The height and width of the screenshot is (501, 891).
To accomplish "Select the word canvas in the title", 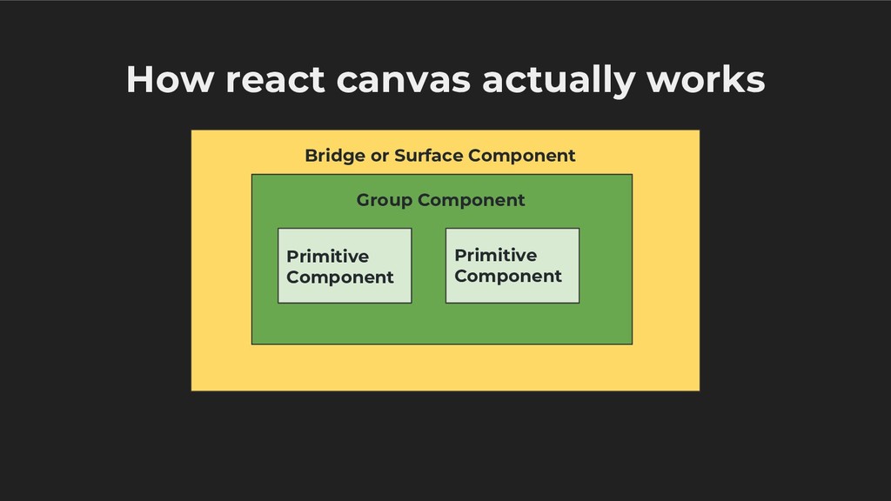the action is point(404,81).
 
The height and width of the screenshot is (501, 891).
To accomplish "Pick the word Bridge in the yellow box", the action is point(335,156).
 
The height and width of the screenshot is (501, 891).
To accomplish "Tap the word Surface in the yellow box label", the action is point(429,156).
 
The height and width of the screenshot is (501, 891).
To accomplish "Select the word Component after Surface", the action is point(522,156).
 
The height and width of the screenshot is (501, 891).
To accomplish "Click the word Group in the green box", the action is point(385,200).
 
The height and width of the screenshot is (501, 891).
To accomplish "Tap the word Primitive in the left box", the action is point(327,257).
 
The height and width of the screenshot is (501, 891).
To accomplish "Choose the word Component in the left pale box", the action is point(340,277).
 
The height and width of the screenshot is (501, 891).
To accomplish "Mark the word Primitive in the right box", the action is point(495,255).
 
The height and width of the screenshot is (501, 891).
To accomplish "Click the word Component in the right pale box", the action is point(508,276).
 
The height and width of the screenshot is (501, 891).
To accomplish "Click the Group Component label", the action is point(440,200).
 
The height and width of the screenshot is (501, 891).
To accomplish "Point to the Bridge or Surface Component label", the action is point(439,156).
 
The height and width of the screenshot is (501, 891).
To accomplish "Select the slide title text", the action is point(445,81).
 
